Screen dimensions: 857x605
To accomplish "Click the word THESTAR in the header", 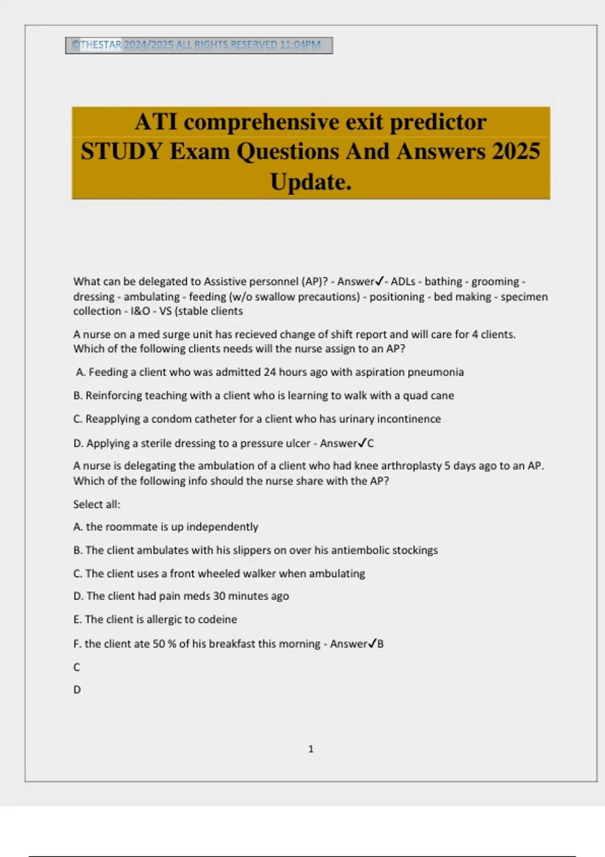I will point(101,45).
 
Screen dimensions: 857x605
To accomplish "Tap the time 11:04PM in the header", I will point(301,45).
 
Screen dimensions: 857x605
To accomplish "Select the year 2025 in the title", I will point(516,151).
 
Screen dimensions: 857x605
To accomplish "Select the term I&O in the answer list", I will point(140,311).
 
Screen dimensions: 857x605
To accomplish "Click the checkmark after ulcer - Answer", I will point(362,443).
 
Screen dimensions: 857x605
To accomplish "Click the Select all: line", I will point(97,504).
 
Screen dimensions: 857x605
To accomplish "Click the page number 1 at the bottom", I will point(311,749).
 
